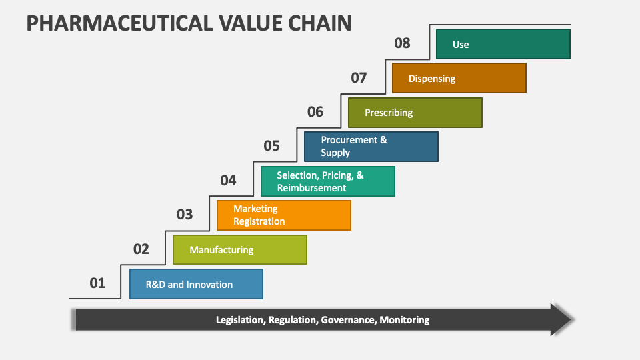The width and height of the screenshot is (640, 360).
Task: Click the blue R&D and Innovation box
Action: tap(196, 284)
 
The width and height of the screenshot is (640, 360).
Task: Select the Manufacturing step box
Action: tap(240, 250)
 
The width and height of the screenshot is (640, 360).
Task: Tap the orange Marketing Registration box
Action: tap(284, 215)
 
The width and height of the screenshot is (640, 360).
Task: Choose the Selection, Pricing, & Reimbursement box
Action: tap(328, 181)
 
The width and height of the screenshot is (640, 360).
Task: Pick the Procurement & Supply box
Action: tap(371, 147)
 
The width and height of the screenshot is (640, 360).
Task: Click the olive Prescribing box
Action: tap(415, 113)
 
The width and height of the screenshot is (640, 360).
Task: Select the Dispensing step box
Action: tap(459, 78)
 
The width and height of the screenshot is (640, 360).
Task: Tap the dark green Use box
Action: tap(503, 44)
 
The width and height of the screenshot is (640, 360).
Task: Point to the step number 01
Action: tap(97, 283)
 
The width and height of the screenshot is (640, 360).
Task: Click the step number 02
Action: tap(141, 249)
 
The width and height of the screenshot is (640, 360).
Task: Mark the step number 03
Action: tap(185, 214)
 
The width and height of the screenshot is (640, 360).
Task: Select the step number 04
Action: tap(228, 181)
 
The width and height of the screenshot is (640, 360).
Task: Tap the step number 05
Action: tap(271, 146)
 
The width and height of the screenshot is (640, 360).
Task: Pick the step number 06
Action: tap(315, 112)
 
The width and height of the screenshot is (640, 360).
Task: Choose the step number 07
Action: tap(359, 77)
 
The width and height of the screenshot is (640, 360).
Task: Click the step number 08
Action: tap(402, 43)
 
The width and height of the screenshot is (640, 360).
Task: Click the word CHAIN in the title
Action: tap(320, 23)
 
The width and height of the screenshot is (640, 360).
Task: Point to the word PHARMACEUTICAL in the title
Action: tap(119, 23)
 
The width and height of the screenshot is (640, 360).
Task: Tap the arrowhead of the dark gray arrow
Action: tap(562, 319)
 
